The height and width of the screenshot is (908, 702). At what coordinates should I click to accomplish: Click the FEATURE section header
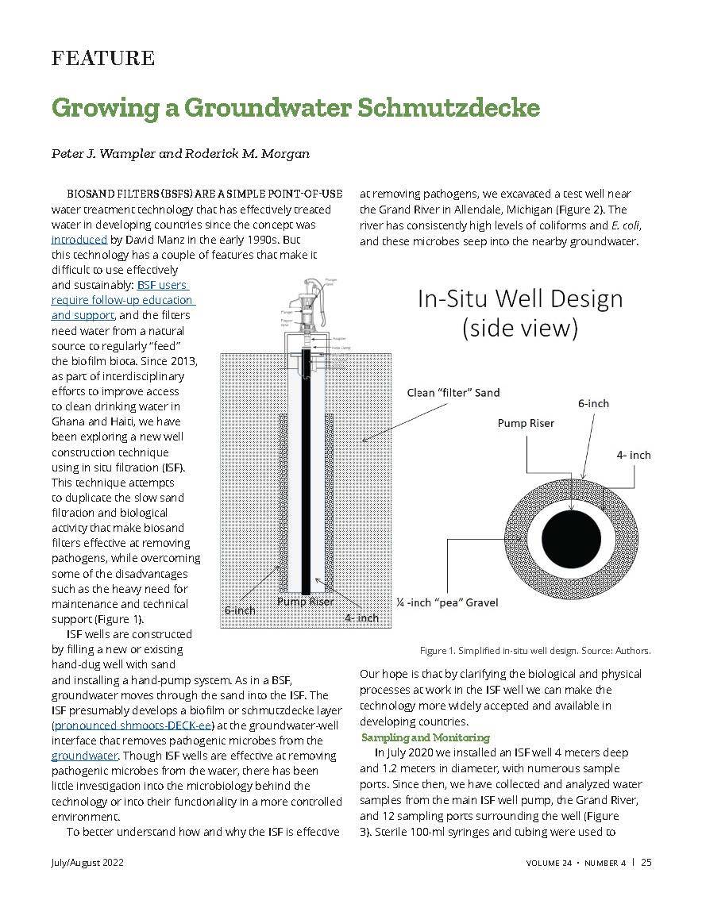coord(102,58)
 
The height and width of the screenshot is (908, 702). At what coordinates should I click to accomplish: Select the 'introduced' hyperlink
coord(79,239)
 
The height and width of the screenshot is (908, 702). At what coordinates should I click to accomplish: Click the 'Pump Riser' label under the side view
coord(305,602)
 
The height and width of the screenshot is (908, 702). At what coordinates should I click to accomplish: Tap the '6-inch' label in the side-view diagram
coord(239,610)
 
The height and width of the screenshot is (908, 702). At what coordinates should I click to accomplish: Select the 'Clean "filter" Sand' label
coord(453,392)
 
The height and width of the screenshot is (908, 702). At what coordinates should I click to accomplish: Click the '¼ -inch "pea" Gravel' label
coord(447,602)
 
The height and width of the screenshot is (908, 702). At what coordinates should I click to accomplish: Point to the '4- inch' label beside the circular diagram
coord(634,455)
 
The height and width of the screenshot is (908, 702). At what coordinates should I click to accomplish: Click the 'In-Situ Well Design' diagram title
coord(520,299)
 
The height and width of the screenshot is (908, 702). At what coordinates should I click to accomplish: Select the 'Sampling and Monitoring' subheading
coord(425,737)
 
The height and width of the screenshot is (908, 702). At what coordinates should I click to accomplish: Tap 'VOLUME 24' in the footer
coord(548,863)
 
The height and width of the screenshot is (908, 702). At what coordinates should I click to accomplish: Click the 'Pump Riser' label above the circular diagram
coord(526,423)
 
